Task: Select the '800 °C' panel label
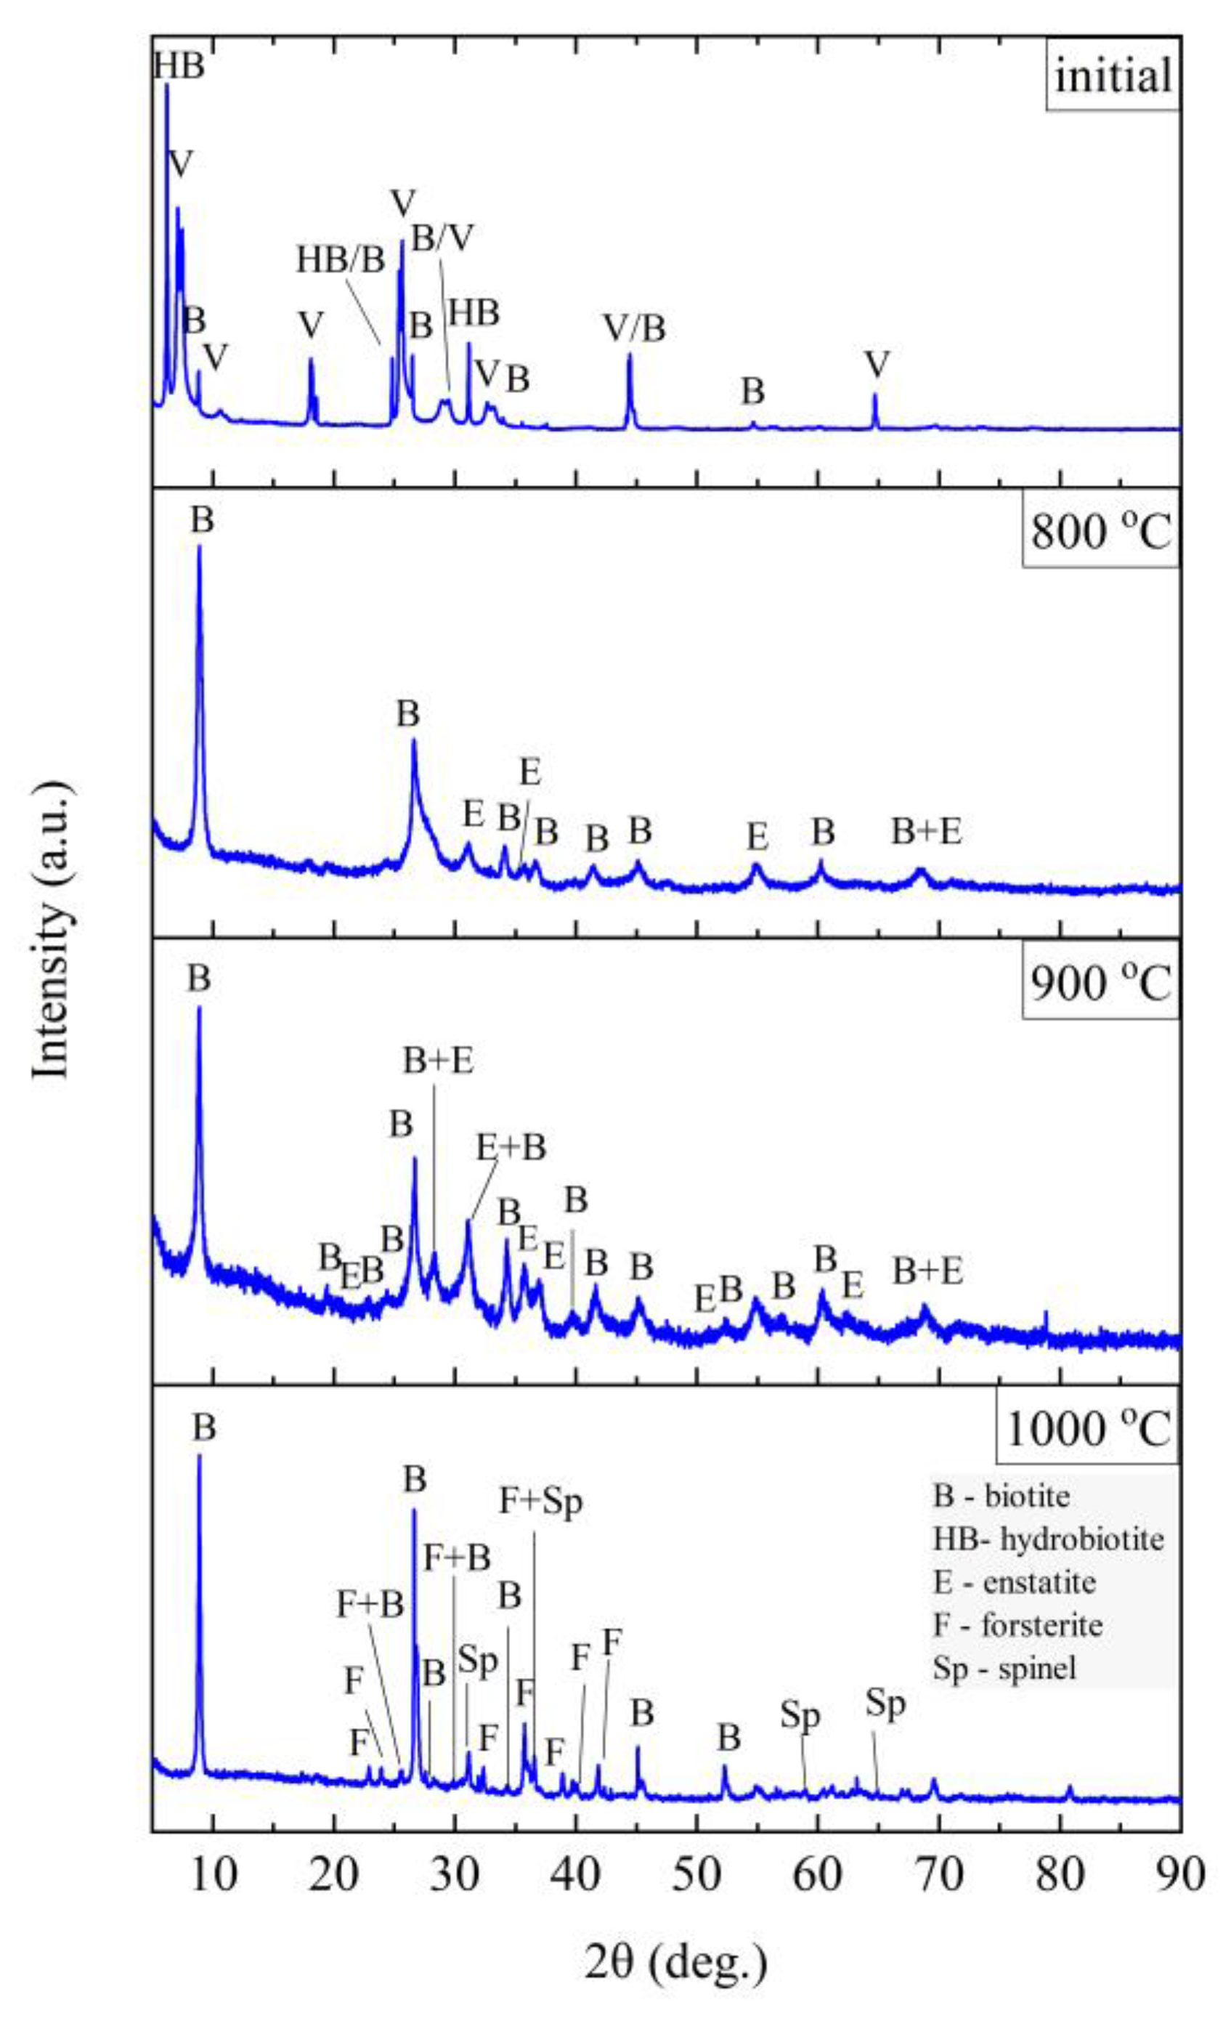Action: (x=1100, y=532)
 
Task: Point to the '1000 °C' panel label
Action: (x=1086, y=1430)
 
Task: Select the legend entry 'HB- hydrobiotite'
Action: (x=1048, y=1539)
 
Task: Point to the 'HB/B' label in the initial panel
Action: (x=341, y=260)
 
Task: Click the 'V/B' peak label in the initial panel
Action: (x=634, y=328)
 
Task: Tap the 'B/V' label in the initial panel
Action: (x=442, y=239)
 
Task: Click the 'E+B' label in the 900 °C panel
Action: (x=511, y=1148)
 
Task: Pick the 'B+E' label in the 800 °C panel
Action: (x=927, y=832)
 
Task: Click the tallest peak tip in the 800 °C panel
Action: (x=199, y=546)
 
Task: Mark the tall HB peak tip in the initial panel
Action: (x=166, y=84)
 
